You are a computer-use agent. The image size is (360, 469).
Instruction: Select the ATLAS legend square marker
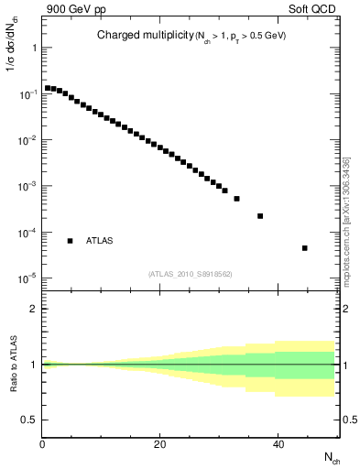click(x=71, y=241)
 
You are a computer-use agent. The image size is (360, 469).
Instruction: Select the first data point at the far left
click(x=48, y=88)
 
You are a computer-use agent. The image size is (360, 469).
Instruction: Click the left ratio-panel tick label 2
click(x=33, y=309)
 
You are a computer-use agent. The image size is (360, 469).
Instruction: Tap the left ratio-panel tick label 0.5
click(x=28, y=420)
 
